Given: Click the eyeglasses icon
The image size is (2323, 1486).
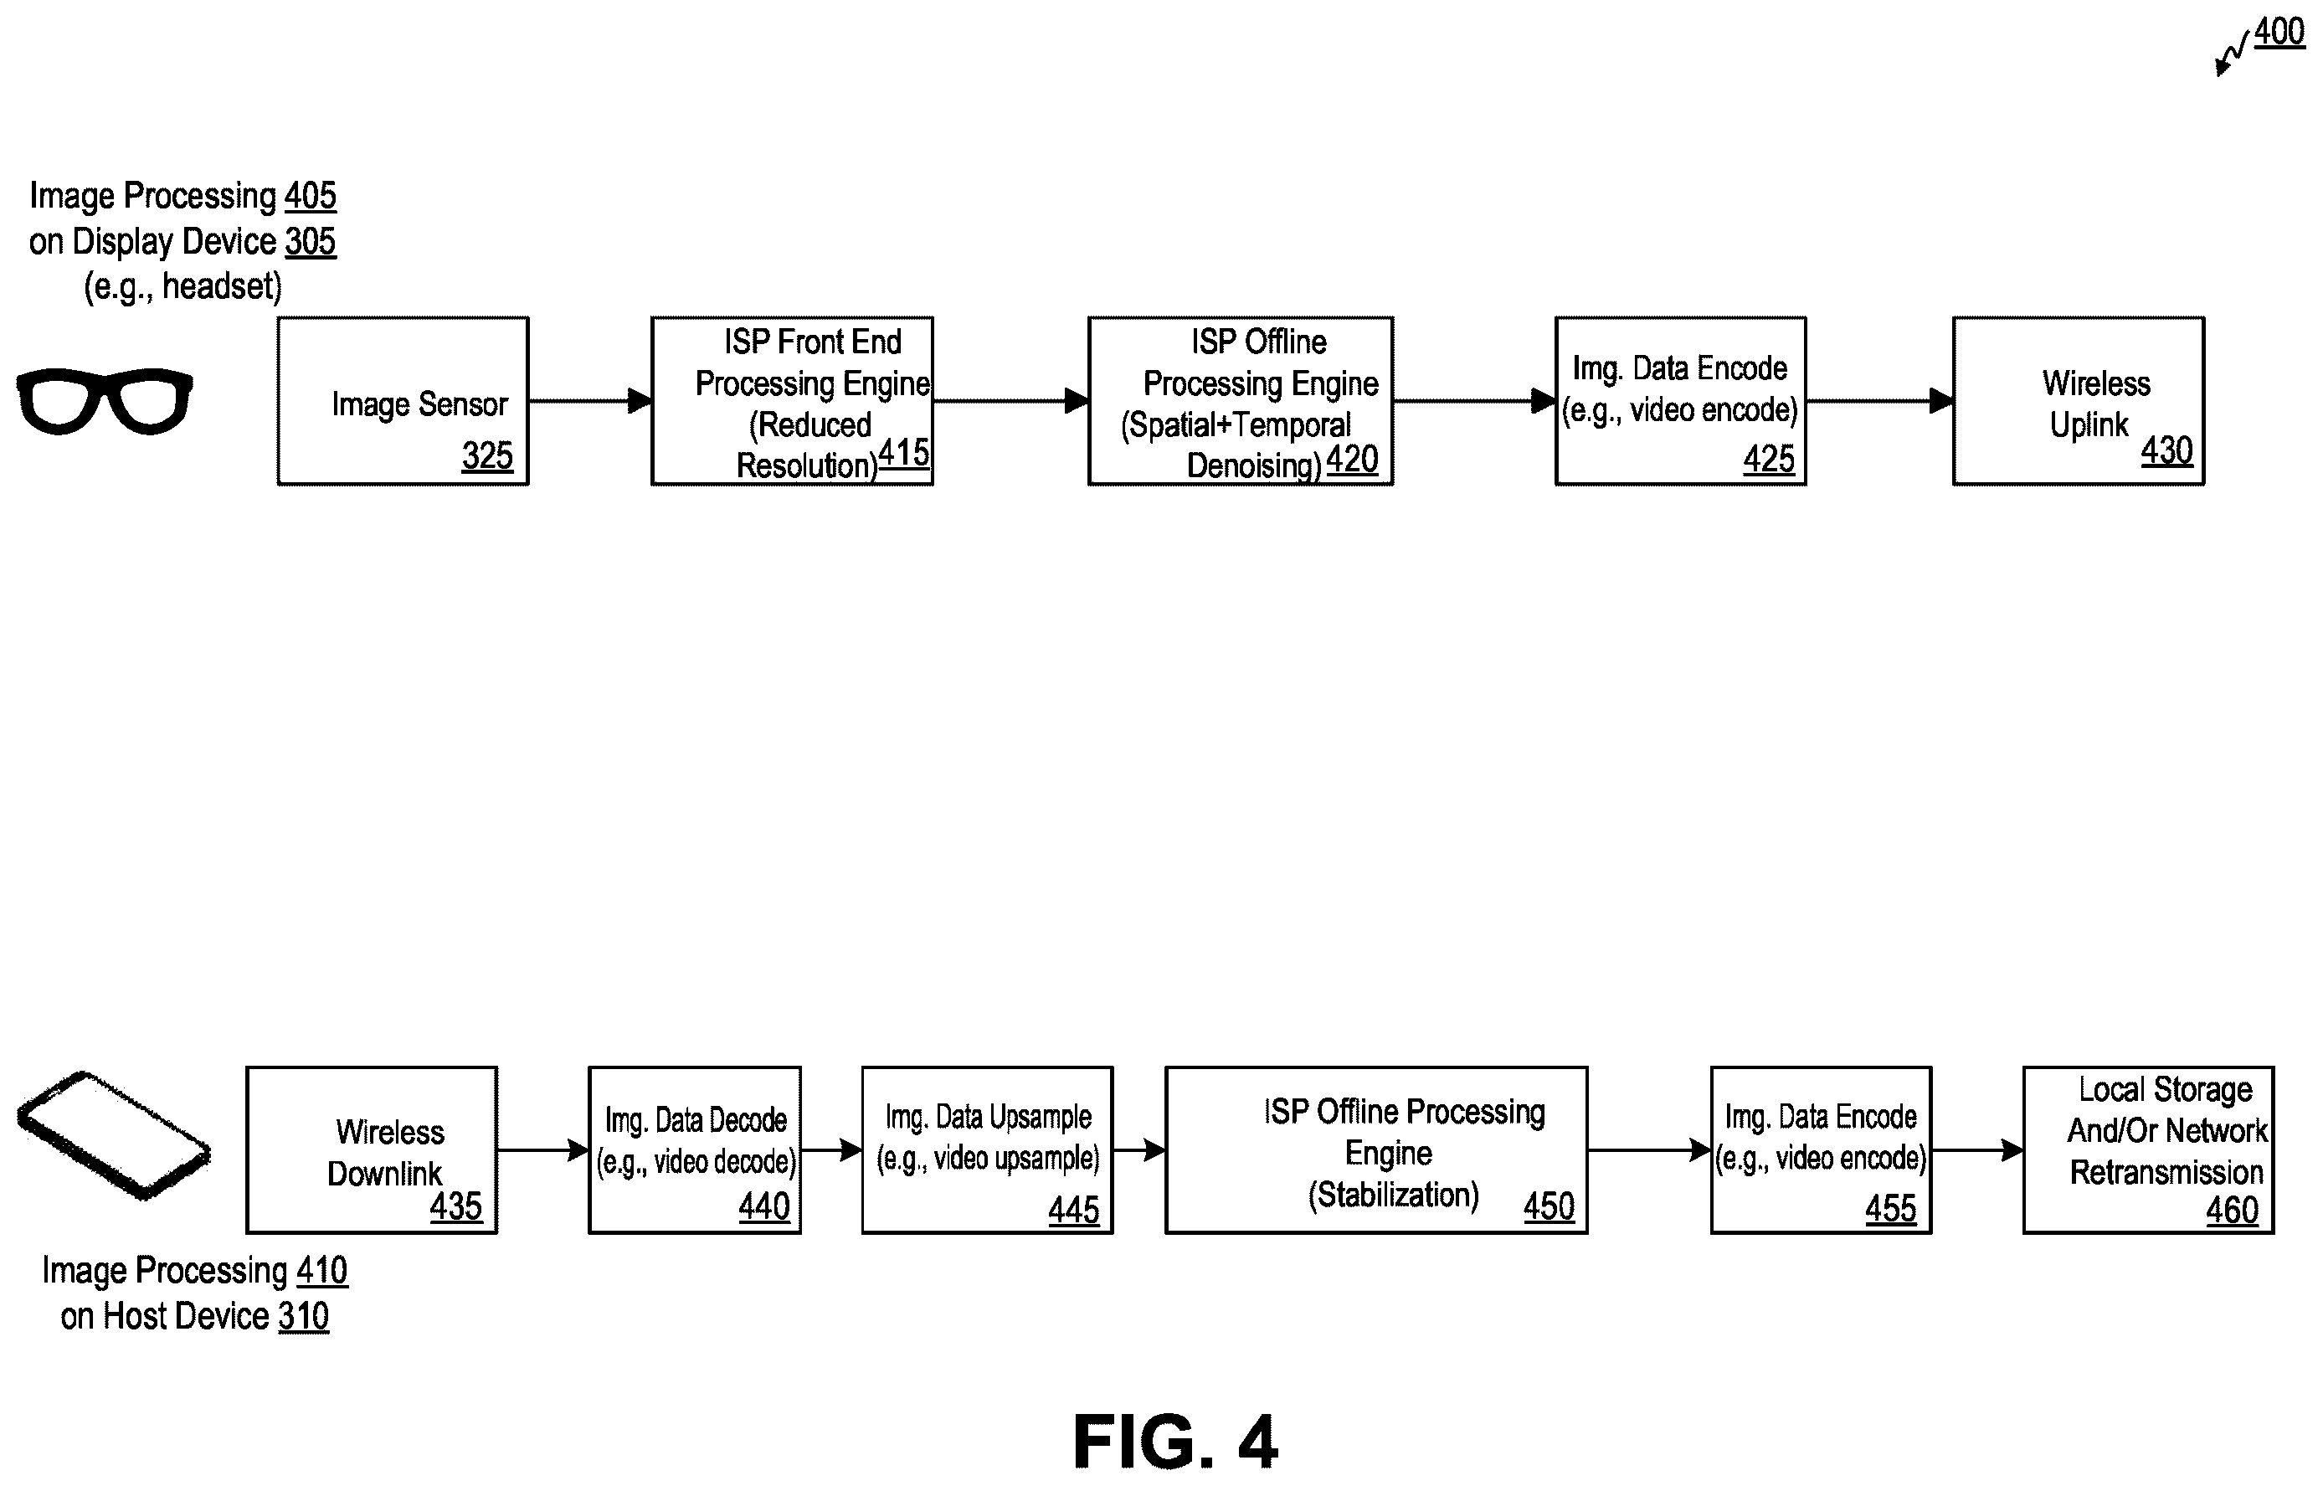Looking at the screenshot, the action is tap(104, 400).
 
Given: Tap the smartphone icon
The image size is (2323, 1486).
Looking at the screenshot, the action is tap(114, 1136).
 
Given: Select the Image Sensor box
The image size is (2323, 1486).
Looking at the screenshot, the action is tap(403, 400).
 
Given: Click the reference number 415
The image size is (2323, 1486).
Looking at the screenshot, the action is tap(904, 451).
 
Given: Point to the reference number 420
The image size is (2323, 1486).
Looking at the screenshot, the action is tap(1352, 460).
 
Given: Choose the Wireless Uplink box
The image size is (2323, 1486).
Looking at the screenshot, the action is tap(2079, 400).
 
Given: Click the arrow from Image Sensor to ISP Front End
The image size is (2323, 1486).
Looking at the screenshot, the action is tap(590, 400).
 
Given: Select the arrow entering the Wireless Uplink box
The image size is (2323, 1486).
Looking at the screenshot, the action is tap(1880, 400).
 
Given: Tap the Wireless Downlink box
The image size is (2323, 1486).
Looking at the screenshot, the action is tap(372, 1150).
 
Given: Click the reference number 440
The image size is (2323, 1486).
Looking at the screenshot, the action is tap(764, 1206).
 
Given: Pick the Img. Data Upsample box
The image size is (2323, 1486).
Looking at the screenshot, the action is tap(987, 1150).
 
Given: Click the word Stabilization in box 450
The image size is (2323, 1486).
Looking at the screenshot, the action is tap(1393, 1195).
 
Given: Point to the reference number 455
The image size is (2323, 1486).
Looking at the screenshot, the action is tap(1891, 1208).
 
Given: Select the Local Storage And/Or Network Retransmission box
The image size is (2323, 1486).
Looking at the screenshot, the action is tap(2148, 1150).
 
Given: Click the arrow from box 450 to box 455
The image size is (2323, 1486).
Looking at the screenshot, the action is tap(1650, 1150).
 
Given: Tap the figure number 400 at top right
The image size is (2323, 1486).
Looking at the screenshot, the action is tap(2279, 32).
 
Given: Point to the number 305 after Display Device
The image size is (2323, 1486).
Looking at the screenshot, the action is tap(311, 241).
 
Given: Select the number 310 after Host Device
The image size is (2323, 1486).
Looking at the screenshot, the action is tap(304, 1316).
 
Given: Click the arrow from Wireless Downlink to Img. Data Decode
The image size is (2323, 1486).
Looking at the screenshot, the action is tap(543, 1150).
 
